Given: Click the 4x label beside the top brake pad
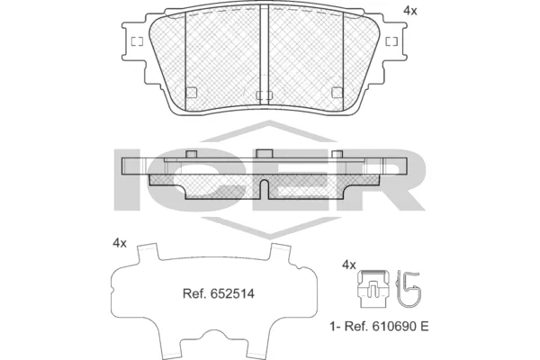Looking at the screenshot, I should [410, 11].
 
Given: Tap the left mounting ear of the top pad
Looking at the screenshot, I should [134, 42].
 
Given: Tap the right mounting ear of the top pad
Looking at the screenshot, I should [392, 42].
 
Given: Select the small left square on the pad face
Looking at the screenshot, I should [191, 91].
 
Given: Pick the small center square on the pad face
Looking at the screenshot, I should [264, 94].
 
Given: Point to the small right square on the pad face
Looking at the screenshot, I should [337, 91].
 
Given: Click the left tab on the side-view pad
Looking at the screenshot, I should [190, 155].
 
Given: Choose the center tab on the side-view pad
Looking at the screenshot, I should [264, 154].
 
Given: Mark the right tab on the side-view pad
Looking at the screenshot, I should [337, 155].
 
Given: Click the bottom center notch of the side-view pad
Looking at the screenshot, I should [264, 188].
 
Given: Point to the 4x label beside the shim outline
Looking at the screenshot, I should [120, 244].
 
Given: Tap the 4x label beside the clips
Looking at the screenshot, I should [350, 265].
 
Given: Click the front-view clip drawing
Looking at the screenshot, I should [371, 288].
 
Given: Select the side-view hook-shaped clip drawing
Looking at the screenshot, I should [411, 288].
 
